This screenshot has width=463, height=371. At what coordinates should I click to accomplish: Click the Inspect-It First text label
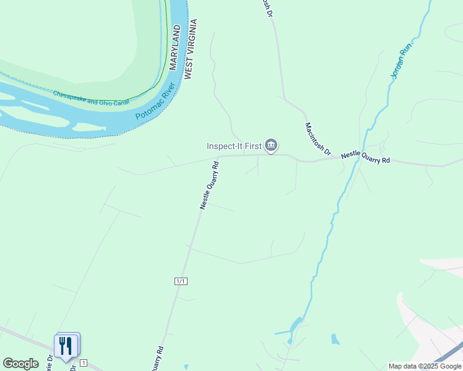233,146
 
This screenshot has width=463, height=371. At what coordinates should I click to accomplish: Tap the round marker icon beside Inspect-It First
270,146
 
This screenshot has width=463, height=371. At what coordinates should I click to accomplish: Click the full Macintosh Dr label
318,138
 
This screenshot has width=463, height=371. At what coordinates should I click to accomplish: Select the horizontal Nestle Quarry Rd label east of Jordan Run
365,157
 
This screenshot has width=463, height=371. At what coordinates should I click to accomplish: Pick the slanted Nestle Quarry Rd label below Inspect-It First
210,185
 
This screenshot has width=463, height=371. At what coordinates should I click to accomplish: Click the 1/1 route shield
181,281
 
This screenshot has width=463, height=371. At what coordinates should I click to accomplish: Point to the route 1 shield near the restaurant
84,363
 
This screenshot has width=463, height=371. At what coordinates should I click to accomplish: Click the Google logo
20,364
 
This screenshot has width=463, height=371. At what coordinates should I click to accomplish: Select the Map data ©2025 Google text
425,366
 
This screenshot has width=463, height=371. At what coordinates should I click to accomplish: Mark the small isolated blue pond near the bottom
335,339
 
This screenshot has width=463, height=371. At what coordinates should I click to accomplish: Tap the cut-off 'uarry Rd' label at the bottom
159,357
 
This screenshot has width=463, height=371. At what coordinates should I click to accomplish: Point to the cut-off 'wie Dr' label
48,365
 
